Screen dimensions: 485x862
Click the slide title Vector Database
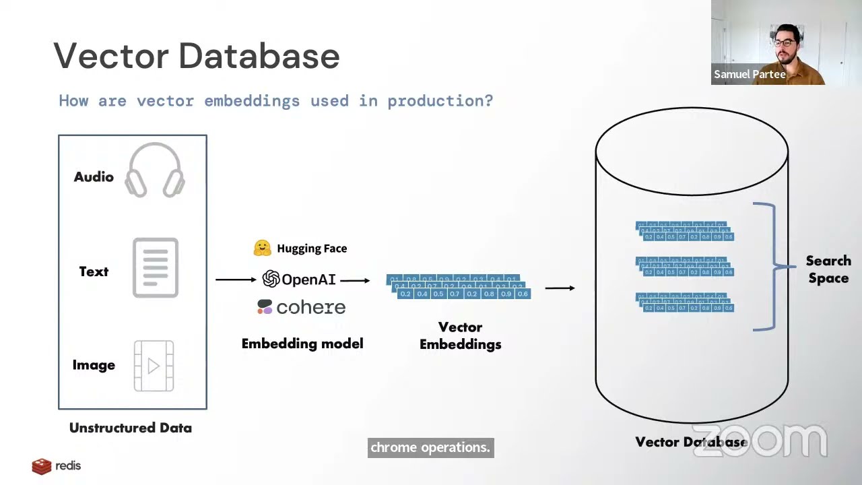[x=196, y=56]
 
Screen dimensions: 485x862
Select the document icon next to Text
[x=156, y=267]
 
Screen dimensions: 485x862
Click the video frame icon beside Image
[x=154, y=366]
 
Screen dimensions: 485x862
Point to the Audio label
[x=94, y=176]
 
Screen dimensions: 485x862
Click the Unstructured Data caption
[x=131, y=428]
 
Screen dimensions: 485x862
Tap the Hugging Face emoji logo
[x=262, y=248]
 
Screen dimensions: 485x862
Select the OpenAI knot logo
[x=271, y=279]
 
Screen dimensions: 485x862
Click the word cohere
[x=310, y=307]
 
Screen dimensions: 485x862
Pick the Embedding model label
[x=302, y=344]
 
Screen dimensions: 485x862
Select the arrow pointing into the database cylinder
[x=560, y=288]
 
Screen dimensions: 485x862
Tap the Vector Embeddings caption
[x=461, y=335]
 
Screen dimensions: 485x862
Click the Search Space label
[x=828, y=269]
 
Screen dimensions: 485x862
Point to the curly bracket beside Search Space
[x=768, y=267]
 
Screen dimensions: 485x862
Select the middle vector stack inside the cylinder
[x=684, y=267]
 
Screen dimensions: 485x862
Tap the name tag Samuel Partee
[x=750, y=75]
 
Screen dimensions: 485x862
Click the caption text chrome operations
[x=430, y=447]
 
